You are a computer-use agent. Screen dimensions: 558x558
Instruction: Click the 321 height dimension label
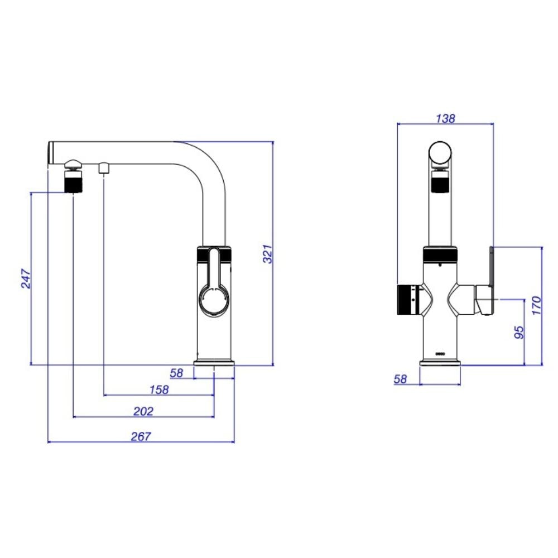pos(268,254)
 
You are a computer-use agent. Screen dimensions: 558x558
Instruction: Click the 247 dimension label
pos(26,278)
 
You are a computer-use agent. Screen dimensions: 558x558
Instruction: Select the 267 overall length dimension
pos(141,436)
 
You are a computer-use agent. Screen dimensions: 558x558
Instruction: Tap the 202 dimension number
pos(143,411)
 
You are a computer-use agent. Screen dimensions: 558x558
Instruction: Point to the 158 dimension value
pos(158,389)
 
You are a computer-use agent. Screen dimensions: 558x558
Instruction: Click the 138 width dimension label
pos(445,118)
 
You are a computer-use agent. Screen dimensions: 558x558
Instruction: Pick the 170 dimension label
pos(536,305)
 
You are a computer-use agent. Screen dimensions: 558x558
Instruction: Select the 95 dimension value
pos(519,332)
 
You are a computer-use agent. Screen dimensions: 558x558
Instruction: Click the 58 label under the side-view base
pos(176,373)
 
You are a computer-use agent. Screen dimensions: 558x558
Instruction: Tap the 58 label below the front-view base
pos(400,379)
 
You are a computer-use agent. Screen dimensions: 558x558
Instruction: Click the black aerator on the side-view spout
pos(74,181)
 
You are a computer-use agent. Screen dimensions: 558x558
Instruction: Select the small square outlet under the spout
pos(104,169)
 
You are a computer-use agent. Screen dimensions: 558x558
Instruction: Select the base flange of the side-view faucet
pos(214,363)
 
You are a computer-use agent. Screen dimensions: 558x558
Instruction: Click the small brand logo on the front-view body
pos(440,354)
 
